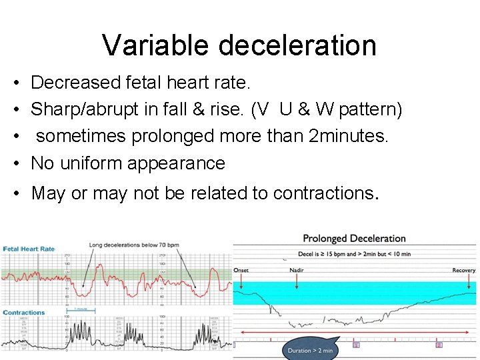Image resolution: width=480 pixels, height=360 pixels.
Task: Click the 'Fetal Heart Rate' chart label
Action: point(29,249)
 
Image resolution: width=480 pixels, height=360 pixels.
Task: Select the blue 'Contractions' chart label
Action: point(23,312)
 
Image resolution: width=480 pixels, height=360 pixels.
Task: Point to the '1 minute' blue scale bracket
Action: point(82,309)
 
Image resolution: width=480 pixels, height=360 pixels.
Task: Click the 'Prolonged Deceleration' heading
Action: point(354,239)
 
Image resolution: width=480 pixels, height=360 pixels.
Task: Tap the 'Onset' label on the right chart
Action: point(241,271)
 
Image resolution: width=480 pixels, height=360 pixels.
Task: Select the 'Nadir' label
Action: point(297,271)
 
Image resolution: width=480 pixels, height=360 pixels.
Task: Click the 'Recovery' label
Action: point(463,271)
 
